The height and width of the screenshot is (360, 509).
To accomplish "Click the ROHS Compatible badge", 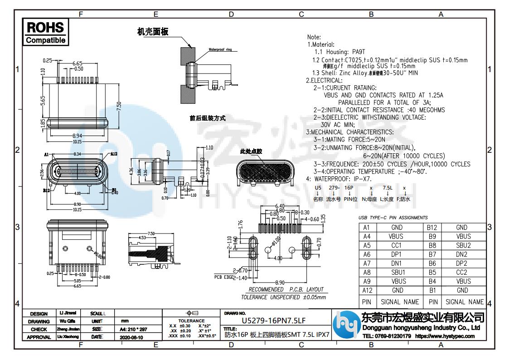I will pyautogui.click(x=45, y=32).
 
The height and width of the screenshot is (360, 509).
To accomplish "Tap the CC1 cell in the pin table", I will pyautogui.click(x=396, y=245).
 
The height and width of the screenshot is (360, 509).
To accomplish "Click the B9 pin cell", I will pyautogui.click(x=433, y=236).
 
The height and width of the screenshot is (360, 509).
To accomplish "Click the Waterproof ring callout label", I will pyautogui.click(x=220, y=49).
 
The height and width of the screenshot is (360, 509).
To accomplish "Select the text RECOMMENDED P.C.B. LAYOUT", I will pyautogui.click(x=286, y=289).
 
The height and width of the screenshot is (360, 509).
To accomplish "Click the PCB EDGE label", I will pyautogui.click(x=224, y=277).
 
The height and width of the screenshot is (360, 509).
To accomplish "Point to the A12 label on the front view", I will pyautogui.click(x=113, y=154).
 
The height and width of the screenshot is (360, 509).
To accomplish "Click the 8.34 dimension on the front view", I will pyautogui.click(x=78, y=155).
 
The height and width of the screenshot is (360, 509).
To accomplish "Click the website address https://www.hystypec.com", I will pyautogui.click(x=445, y=336).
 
